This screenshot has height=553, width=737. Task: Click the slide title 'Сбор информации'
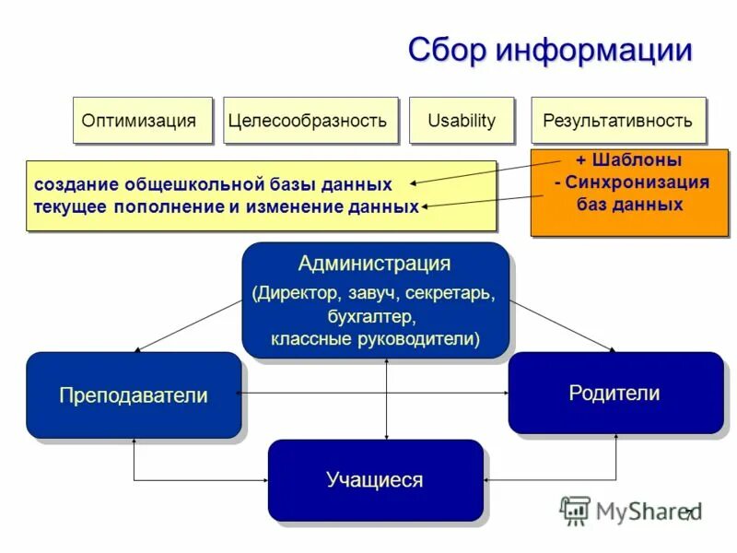(549, 50)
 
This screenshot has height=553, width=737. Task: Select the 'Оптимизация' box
(139, 121)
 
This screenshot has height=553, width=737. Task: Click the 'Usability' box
(461, 121)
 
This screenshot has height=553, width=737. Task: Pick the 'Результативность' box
(616, 121)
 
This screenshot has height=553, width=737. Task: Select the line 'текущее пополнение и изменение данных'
(226, 206)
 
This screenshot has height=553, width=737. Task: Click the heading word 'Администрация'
(374, 265)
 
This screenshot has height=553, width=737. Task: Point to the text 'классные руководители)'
(374, 339)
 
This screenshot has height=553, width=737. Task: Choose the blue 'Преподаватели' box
(134, 395)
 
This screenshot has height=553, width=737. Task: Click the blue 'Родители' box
(614, 394)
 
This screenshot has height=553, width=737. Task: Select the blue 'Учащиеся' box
(374, 480)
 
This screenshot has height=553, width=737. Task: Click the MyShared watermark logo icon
(575, 510)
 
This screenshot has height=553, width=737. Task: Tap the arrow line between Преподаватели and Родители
(374, 394)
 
